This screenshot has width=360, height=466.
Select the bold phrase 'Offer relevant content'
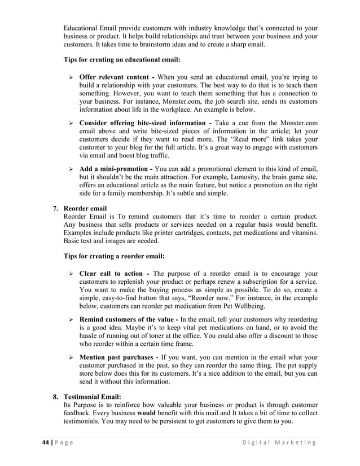(115, 77)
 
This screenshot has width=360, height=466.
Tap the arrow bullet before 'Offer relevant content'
(71, 77)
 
